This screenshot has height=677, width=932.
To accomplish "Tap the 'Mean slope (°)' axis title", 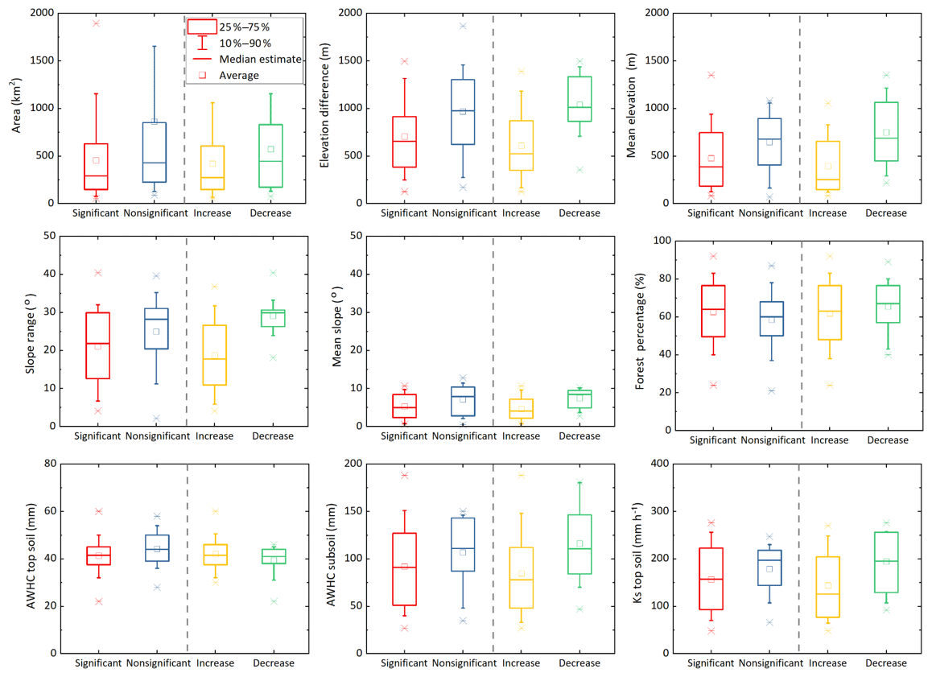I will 337,332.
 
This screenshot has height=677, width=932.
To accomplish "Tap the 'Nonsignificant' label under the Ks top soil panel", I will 771,663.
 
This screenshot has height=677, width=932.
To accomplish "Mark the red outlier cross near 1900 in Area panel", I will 96,23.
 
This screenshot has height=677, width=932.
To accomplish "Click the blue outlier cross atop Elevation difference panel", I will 463,27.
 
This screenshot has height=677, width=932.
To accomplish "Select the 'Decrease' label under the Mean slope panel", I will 579,436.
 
